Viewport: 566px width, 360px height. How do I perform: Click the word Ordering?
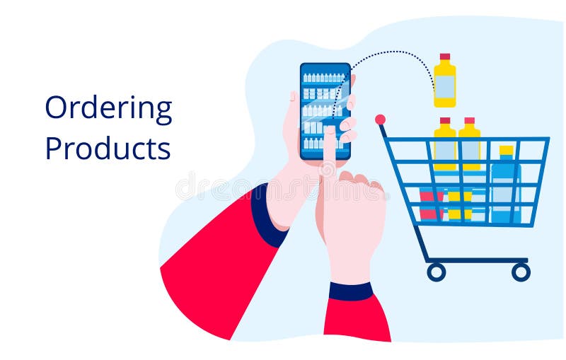tap(108, 109)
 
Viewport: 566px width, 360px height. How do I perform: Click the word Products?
tap(108, 148)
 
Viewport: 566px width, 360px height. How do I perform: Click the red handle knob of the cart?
tap(380, 120)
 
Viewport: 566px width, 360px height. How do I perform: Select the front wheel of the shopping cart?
tap(521, 272)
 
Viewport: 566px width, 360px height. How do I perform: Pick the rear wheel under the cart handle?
tap(436, 272)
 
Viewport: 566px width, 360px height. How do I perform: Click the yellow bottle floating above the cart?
tap(444, 83)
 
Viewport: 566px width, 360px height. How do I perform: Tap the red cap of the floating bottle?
tap(444, 57)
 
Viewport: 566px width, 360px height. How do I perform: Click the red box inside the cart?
tap(430, 205)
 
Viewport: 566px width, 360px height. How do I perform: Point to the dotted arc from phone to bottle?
tap(396, 52)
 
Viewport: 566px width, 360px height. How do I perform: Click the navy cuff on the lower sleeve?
tap(351, 291)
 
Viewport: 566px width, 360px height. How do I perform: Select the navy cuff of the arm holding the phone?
tap(267, 216)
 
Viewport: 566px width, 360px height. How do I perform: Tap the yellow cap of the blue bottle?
tap(506, 151)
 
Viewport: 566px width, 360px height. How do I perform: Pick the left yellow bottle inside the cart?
tap(444, 145)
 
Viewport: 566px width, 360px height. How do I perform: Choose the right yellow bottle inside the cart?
tap(469, 145)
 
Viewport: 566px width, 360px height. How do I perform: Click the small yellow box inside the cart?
tap(459, 204)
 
